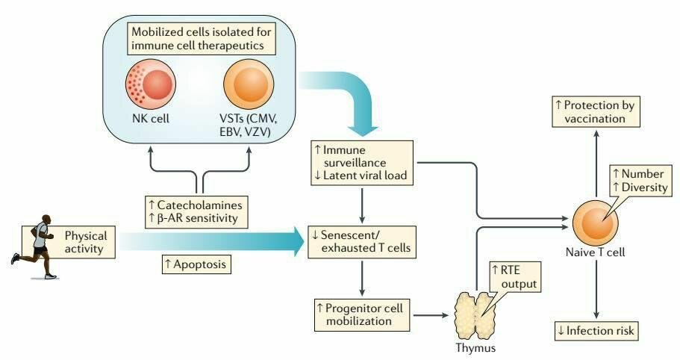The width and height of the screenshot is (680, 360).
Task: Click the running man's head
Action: (x=46, y=220)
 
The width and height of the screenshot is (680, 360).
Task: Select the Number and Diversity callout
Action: (x=639, y=181)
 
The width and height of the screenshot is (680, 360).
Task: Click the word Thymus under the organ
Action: (x=475, y=347)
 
